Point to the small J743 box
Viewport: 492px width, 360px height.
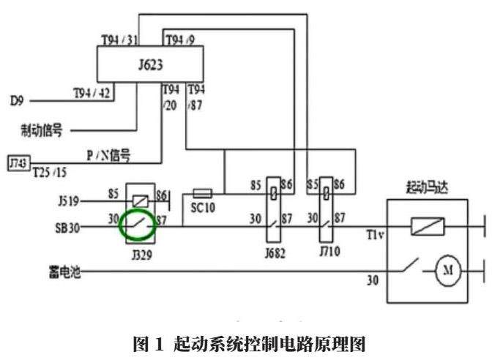coord(16,161)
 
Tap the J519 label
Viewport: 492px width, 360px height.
coord(68,199)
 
